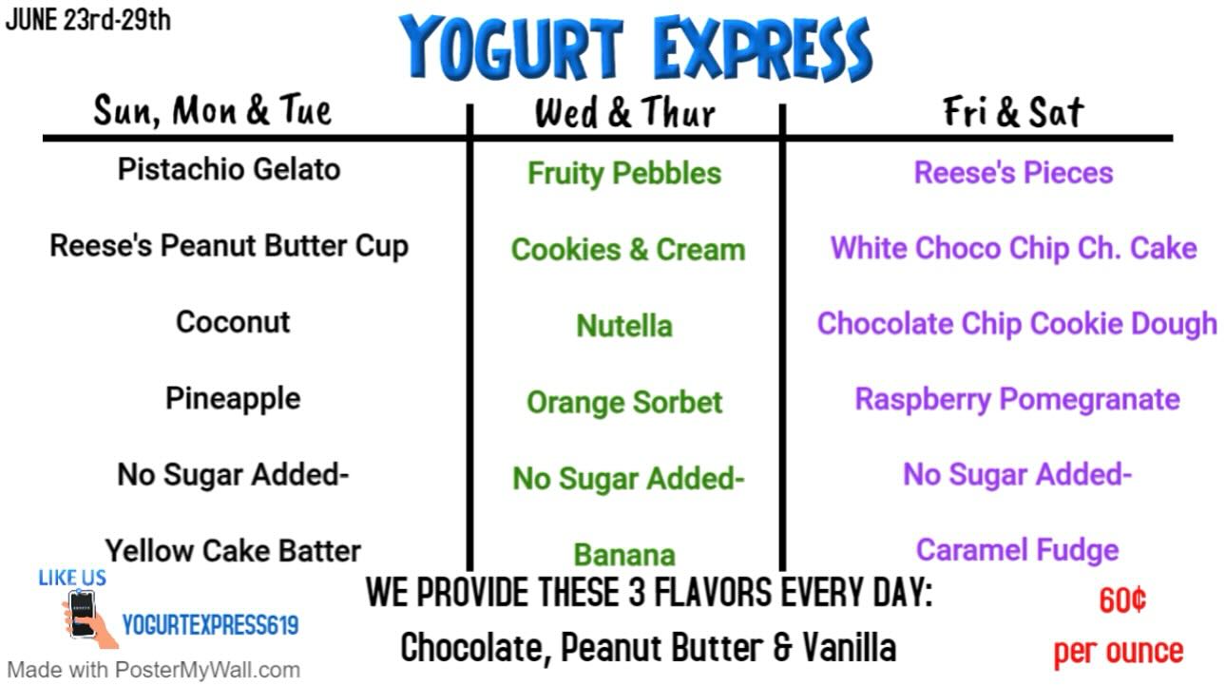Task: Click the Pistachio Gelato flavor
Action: [x=229, y=169]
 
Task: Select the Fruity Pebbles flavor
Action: [x=624, y=174]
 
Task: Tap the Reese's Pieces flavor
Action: [x=1014, y=172]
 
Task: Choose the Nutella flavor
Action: [x=624, y=326]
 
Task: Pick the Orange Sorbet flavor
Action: [x=624, y=403]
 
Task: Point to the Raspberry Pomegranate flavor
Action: [x=1018, y=399]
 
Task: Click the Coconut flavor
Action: [x=233, y=322]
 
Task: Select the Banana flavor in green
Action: [x=624, y=555]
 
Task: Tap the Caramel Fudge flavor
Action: [x=1018, y=551]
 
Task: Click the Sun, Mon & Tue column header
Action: [x=212, y=110]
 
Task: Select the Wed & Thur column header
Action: [x=624, y=112]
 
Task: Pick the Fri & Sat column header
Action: [x=1013, y=112]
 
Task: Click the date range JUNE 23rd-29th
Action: [x=88, y=20]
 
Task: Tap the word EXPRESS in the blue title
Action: [x=762, y=48]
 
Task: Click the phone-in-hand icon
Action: [x=87, y=619]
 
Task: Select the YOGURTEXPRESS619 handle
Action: [x=210, y=625]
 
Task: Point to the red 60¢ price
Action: [x=1122, y=600]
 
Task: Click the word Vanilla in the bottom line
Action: [x=850, y=648]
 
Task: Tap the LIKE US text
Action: [x=72, y=578]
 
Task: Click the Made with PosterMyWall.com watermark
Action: [x=153, y=670]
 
